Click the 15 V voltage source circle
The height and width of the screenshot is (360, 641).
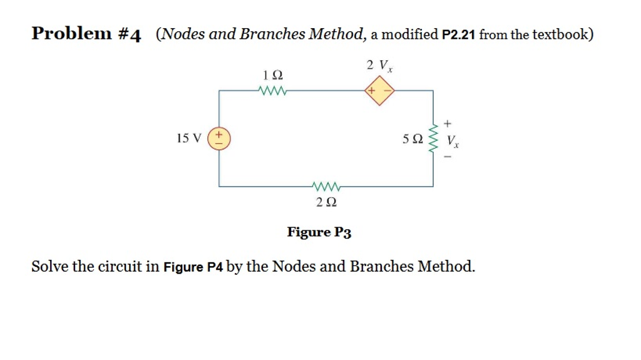pos(218,138)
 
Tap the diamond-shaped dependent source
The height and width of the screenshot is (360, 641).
pos(379,91)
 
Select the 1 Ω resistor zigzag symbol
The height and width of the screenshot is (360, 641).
pos(272,91)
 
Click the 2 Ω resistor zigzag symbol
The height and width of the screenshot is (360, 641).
pos(326,186)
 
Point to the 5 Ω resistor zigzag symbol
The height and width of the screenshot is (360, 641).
pos(433,139)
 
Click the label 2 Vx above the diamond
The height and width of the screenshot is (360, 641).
pos(379,65)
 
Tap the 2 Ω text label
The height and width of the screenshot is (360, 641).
pos(326,202)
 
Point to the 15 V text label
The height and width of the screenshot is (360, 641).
pos(189,138)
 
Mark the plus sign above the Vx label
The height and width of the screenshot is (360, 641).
pos(447,123)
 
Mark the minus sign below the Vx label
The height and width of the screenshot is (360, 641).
pos(447,158)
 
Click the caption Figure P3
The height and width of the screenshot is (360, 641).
pos(319,232)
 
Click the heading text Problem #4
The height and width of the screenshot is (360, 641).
pos(86,34)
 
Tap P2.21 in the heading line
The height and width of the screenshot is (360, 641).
pos(459,35)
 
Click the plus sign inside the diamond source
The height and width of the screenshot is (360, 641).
pos(372,91)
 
